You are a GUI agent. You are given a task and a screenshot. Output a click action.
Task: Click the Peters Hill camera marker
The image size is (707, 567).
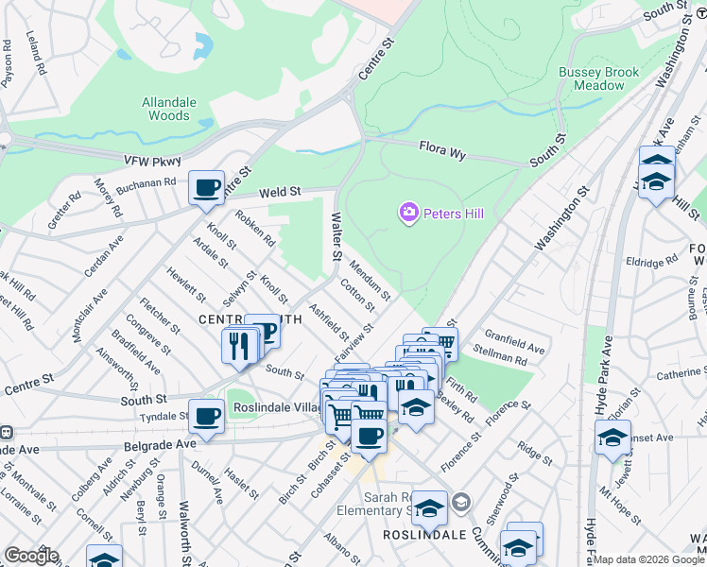point(409,214)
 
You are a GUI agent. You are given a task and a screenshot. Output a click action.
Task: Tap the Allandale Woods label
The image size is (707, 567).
point(166,109)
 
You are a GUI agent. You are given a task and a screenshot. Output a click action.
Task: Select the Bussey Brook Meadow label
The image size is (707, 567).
point(598,78)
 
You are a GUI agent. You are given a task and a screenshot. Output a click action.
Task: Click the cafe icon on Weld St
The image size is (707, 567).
point(205,187)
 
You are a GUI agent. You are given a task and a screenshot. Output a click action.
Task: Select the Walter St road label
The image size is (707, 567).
point(335,236)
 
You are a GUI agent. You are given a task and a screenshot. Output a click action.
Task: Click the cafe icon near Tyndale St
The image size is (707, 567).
point(205,416)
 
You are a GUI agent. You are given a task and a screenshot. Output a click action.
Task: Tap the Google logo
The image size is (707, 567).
point(30,556)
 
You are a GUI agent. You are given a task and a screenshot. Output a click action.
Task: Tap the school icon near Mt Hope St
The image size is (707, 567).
point(612,438)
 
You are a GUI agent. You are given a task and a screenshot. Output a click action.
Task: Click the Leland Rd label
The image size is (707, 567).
point(36,52)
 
